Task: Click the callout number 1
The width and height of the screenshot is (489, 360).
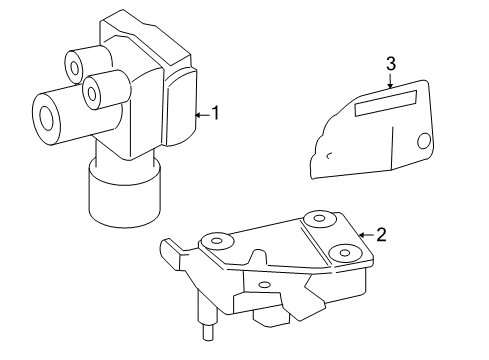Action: pos(216,113)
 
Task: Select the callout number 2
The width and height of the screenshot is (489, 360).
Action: pos(381,235)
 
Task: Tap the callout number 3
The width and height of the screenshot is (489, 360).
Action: pos(391,64)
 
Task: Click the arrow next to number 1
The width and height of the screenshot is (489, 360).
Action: pos(202,115)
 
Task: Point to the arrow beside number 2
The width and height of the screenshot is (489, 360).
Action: pos(366,235)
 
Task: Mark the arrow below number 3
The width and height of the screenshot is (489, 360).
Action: pos(390,80)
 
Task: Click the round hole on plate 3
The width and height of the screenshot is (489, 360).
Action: pos(424,141)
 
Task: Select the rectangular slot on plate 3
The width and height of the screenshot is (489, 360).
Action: pos(386,103)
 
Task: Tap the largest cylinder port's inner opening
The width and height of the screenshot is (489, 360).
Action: pos(46,118)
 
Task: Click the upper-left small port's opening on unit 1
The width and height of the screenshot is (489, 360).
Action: pos(75,68)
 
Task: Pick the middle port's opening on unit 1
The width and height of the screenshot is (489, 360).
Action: pos(92,93)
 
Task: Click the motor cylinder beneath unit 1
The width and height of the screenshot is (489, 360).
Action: pos(125,195)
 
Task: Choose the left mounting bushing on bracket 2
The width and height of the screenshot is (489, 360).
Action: pos(217,241)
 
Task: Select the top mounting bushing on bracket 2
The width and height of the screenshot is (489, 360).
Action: pos(320,218)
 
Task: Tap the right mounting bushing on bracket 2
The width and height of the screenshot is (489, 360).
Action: pos(345,253)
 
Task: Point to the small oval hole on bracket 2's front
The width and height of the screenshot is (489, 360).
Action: pos(264,285)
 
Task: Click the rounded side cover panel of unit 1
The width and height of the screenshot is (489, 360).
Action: pos(180,108)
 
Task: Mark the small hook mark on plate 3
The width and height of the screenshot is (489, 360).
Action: pos(329,155)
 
